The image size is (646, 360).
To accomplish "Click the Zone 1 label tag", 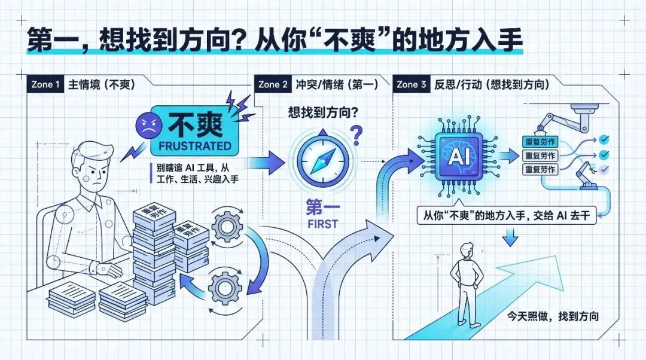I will click(x=44, y=84).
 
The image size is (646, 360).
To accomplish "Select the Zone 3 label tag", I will click(x=412, y=84).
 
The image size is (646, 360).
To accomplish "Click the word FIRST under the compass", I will click(x=323, y=224).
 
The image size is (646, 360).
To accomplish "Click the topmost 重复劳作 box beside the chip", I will click(x=540, y=142).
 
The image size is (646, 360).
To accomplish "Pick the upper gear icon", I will click(x=227, y=225).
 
